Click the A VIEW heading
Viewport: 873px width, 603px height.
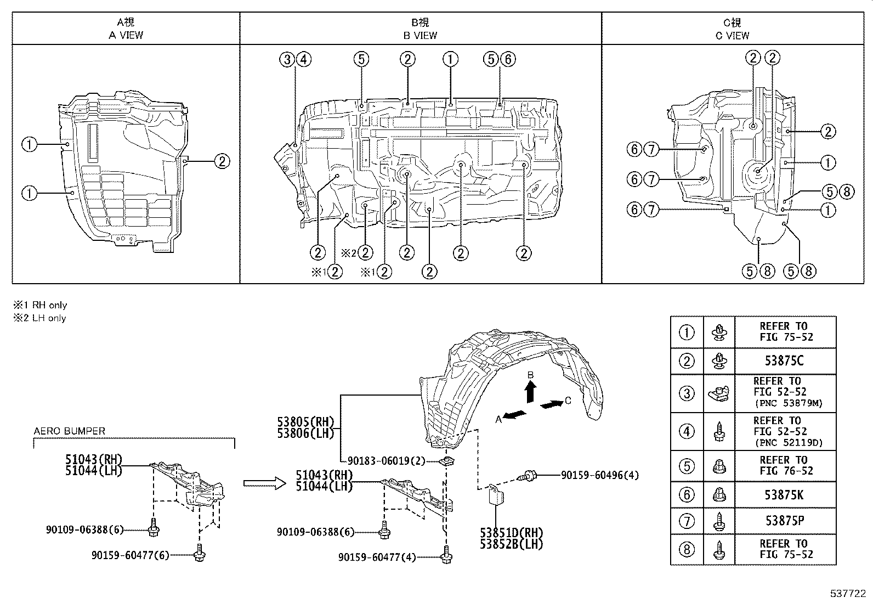126,35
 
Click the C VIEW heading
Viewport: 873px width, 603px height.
732,35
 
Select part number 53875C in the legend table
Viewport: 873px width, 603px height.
785,361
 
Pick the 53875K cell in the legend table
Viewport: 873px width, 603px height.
785,495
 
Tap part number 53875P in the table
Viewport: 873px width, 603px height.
785,521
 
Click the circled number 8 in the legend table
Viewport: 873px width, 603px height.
687,549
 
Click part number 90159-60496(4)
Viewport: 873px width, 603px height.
599,475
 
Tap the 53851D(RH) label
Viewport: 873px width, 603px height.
511,533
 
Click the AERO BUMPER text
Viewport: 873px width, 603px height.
69,431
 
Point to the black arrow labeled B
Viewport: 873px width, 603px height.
530,392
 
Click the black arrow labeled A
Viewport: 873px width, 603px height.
515,415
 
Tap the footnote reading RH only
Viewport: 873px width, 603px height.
41,305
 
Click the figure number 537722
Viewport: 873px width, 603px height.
847,593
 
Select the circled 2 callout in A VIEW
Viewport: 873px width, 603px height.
222,161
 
